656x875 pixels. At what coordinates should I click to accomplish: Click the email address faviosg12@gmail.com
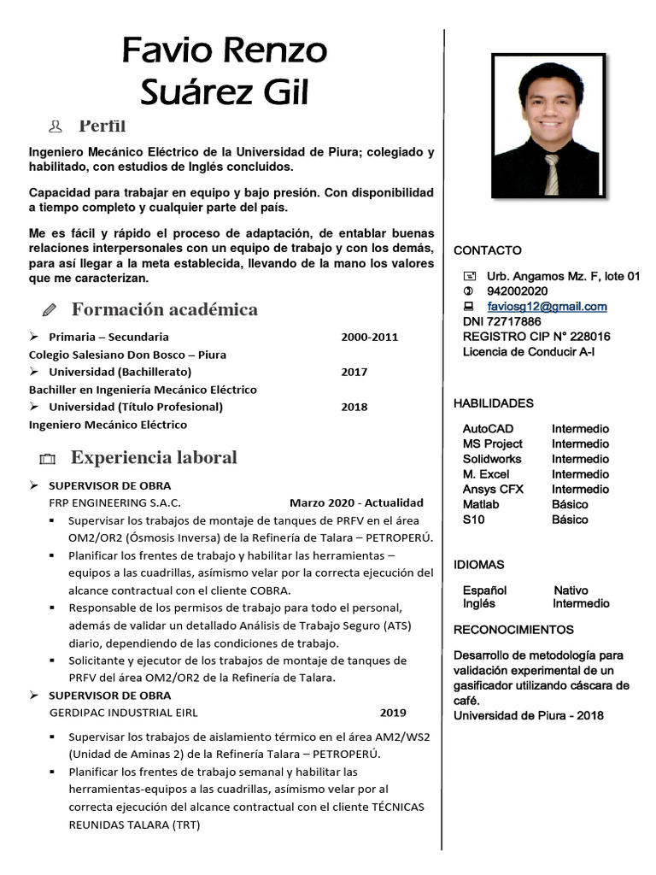(x=547, y=306)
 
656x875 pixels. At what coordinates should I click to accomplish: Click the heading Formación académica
(x=164, y=308)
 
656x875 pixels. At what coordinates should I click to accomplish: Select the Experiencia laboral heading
(x=154, y=457)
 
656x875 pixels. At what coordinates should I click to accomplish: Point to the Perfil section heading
(x=102, y=126)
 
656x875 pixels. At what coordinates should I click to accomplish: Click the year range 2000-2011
(x=369, y=337)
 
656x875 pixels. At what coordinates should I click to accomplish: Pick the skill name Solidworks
(x=491, y=459)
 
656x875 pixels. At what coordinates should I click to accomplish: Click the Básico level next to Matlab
(x=570, y=504)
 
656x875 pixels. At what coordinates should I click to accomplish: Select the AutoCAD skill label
(x=488, y=429)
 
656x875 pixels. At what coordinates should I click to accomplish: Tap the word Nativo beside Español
(x=571, y=590)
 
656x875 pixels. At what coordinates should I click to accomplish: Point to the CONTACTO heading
(x=487, y=250)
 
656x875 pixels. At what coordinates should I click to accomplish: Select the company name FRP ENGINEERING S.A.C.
(x=114, y=502)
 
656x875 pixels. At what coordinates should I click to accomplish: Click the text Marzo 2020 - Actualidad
(x=356, y=502)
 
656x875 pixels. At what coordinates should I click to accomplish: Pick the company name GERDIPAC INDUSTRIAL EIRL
(x=123, y=713)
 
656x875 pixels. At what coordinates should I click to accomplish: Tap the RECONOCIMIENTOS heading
(x=513, y=630)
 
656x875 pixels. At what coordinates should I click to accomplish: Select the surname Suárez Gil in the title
(x=224, y=92)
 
